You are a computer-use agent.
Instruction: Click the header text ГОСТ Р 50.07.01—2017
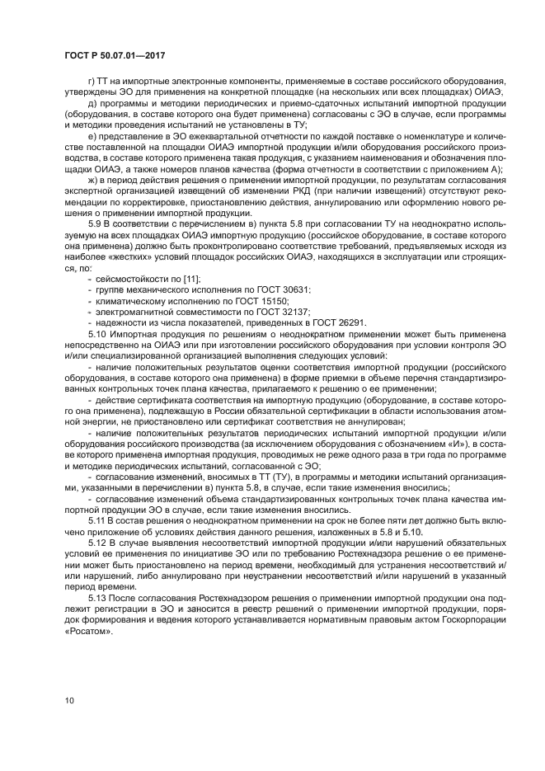pyautogui.click(x=113, y=54)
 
